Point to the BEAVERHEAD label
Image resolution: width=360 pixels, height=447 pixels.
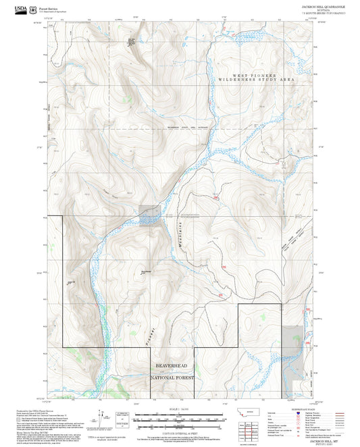pyautogui.click(x=172, y=365)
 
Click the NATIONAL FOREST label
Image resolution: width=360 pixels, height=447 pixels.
pyautogui.click(x=172, y=377)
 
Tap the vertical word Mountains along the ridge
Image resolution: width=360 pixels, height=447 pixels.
pyautogui.click(x=180, y=235)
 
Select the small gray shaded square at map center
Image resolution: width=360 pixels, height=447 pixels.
pyautogui.click(x=150, y=215)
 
